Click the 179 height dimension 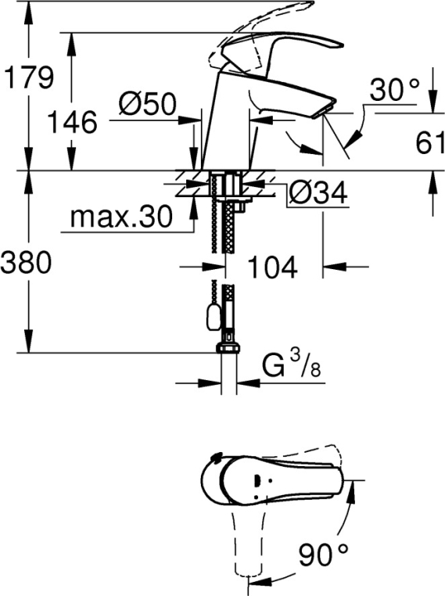(x=28, y=77)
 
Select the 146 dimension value (x=72, y=122)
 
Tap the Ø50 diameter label (x=148, y=103)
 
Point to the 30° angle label (x=394, y=90)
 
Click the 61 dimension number (x=430, y=143)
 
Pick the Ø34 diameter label (x=318, y=193)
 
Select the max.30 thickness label (x=121, y=217)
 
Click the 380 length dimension (x=26, y=263)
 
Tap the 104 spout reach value (x=272, y=267)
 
